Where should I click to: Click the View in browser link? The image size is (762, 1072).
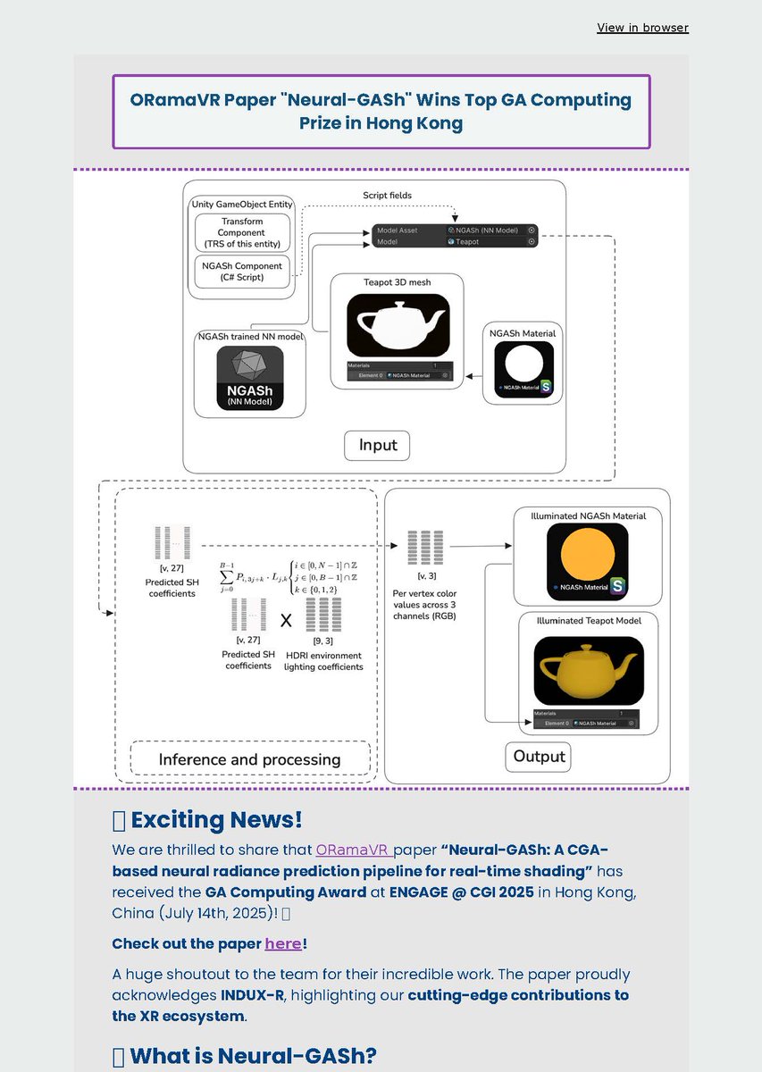coord(642,28)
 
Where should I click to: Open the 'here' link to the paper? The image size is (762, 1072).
coord(282,943)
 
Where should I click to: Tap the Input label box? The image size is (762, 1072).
coord(378,446)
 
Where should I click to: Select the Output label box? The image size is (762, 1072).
coord(539,757)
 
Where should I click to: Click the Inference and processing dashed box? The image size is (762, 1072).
coord(249,758)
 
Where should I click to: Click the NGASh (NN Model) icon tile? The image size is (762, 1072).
coord(249,378)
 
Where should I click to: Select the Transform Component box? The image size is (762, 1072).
coord(242,232)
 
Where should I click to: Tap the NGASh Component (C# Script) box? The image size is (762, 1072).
coord(242,272)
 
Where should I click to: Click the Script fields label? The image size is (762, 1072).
coord(387,195)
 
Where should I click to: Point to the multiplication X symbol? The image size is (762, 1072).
coord(286,620)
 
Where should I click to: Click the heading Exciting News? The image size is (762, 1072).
coord(216,819)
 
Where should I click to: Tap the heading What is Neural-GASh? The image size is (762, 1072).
coord(253,1056)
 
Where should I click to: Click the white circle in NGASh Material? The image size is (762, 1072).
coord(524,365)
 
